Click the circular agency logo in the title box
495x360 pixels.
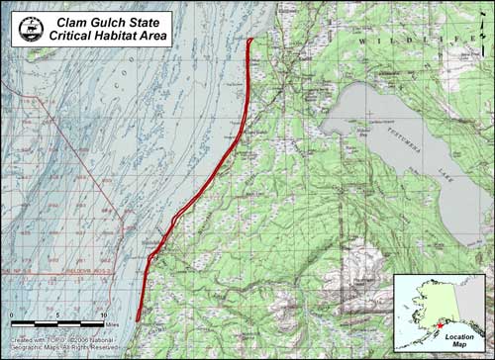pos(28,29)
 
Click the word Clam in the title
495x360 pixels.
pos(74,20)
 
